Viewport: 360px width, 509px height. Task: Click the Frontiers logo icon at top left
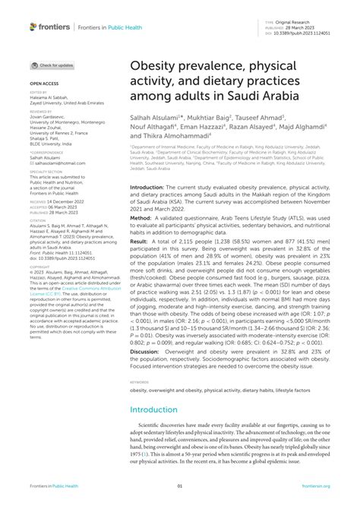coord(33,27)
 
